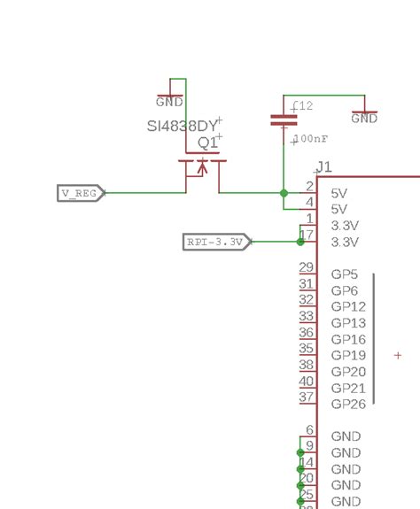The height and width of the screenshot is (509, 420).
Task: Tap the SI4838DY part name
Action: coord(183,126)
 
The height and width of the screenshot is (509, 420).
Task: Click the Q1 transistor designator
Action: coord(207,143)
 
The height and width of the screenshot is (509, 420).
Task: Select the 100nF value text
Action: coord(314,139)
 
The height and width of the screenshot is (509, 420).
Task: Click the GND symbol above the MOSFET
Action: coord(169,100)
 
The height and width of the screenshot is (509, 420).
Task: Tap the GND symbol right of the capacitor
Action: coord(364,117)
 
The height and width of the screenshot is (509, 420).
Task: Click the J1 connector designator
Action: coord(324,167)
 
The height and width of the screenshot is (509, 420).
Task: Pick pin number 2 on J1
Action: coord(309,187)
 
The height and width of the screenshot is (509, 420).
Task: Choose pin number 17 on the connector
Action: coord(307,235)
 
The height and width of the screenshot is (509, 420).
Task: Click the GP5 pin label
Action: coord(344,274)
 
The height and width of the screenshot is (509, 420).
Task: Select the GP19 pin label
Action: coord(348,355)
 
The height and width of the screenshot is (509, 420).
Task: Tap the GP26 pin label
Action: coord(348,404)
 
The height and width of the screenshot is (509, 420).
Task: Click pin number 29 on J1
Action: coord(307,268)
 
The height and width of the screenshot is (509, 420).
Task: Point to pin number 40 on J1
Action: coord(307,382)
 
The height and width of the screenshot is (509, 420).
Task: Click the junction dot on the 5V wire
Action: coord(284,192)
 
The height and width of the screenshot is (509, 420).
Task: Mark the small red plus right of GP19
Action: coord(398,355)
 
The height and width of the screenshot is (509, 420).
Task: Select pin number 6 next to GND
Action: coord(309,430)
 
